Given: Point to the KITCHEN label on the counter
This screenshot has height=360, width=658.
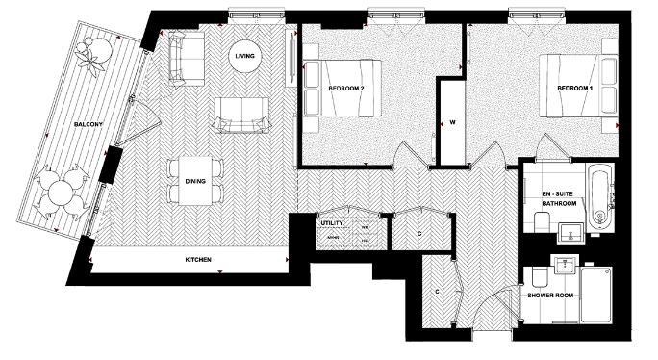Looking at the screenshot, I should tap(198, 260).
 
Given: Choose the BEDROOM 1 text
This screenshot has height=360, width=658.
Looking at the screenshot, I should tap(575, 88).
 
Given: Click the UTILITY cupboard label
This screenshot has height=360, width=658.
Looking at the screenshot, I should tap(332, 223).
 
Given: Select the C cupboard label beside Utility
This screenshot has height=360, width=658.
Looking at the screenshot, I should tap(419, 232).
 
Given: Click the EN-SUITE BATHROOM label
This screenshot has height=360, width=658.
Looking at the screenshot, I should tap(559, 198).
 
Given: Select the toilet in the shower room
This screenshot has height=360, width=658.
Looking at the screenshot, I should tap(539, 277).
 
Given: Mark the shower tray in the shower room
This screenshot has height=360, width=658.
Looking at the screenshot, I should tap(595, 294).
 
